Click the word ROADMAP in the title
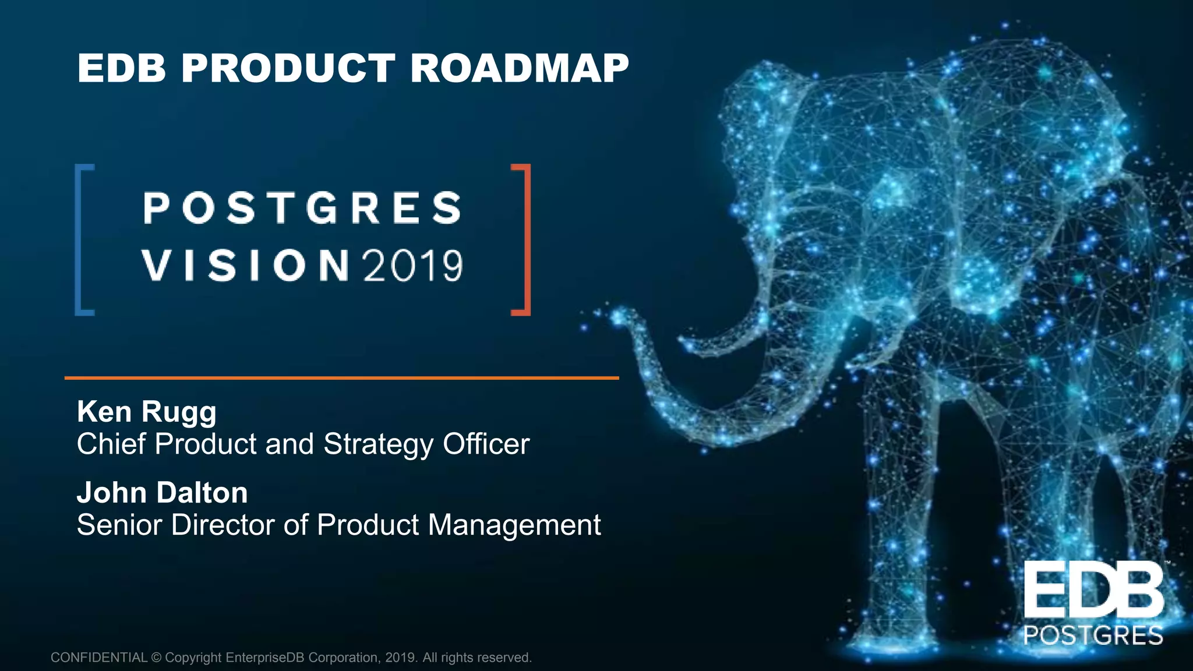519,68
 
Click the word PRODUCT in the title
288,68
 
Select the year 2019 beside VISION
413,266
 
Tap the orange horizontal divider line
341,378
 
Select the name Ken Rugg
147,412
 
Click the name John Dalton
163,493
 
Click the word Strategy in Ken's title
378,444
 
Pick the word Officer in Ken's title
486,444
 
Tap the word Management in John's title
514,525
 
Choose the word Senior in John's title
119,525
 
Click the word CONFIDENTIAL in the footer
99,658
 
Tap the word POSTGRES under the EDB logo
1093,635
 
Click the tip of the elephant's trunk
616,317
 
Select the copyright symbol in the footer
156,658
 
